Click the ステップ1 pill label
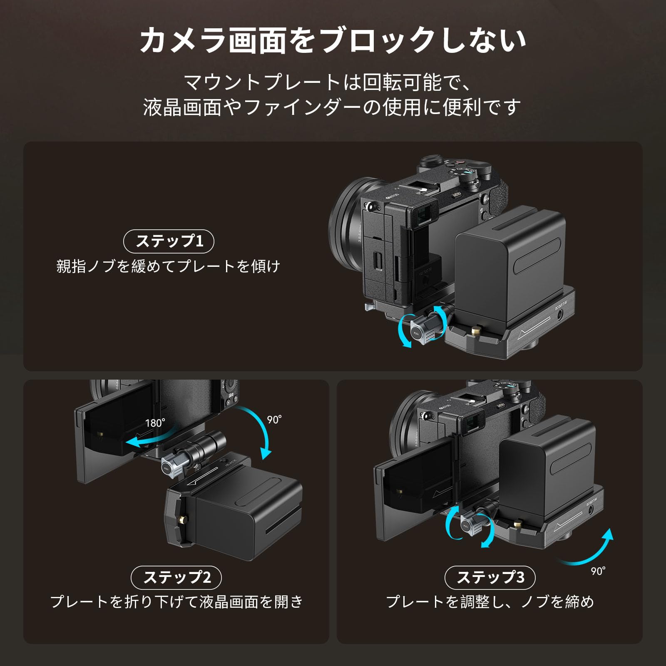point(169,241)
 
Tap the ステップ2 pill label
point(176,578)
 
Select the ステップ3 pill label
point(490,578)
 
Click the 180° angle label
point(155,423)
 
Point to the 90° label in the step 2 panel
point(274,420)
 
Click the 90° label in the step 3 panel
point(598,571)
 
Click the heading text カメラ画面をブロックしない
point(333,40)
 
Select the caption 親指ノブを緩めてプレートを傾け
point(169,266)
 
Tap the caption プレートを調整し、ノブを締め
point(490,602)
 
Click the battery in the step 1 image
point(510,262)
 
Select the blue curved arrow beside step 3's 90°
point(591,549)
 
